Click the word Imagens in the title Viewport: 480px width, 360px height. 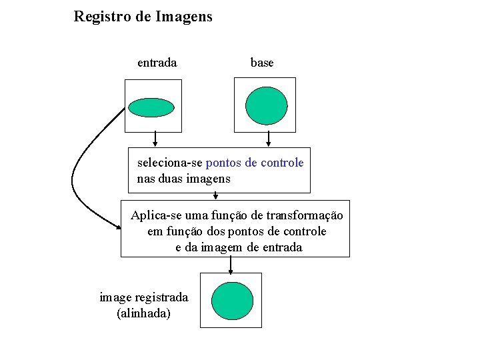(x=184, y=17)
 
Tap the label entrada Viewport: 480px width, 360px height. (x=157, y=63)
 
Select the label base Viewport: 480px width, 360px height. (x=262, y=63)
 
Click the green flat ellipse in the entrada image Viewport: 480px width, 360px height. (x=151, y=107)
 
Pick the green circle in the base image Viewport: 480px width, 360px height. (x=266, y=106)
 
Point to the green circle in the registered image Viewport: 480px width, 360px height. (x=232, y=301)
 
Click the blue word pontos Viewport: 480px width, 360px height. (x=225, y=163)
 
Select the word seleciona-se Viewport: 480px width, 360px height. (x=170, y=163)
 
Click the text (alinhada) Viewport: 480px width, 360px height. (x=143, y=313)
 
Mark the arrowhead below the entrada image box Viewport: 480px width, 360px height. (x=155, y=143)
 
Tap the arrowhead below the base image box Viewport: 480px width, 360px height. (x=269, y=143)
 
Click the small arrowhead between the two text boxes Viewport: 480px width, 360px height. (x=215, y=197)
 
